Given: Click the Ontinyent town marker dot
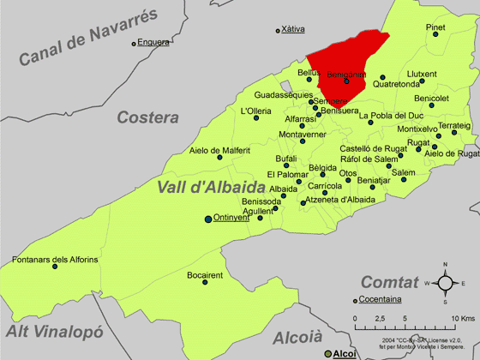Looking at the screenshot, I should (x=207, y=219).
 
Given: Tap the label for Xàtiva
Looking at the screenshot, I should (x=293, y=29).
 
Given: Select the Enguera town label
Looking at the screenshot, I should (x=153, y=41).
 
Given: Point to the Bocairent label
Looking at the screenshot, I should (x=205, y=275).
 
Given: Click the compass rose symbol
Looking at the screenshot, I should (x=445, y=283).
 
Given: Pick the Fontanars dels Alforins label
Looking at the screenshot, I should (x=55, y=259).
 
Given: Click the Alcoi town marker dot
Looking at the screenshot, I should (x=326, y=353).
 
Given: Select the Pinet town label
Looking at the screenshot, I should (x=436, y=27).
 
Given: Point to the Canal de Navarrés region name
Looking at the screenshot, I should (x=90, y=37).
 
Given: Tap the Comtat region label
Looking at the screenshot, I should (x=389, y=281).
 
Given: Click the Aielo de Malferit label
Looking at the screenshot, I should (x=220, y=151).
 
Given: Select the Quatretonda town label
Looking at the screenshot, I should (x=397, y=84).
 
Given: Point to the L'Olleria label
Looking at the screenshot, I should (x=256, y=111).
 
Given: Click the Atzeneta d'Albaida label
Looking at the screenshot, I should (x=340, y=200).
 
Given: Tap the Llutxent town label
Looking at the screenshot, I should (x=422, y=74).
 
